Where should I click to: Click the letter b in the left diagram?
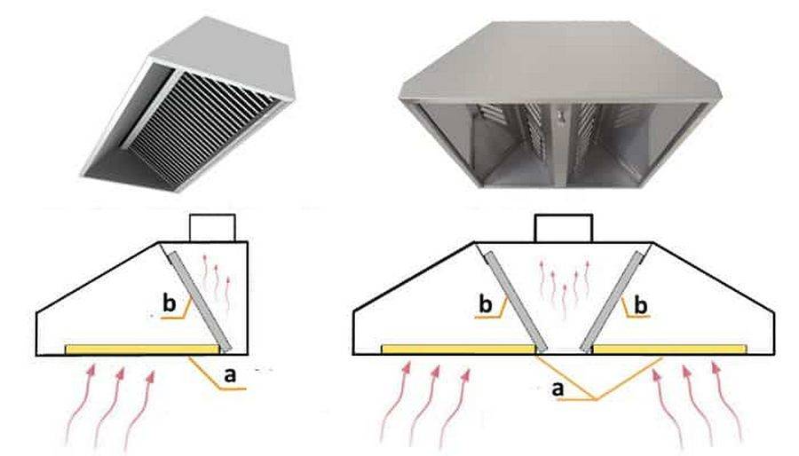(169, 304)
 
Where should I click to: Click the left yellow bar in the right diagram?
(457, 350)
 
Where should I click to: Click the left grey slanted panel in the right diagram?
(516, 297)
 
